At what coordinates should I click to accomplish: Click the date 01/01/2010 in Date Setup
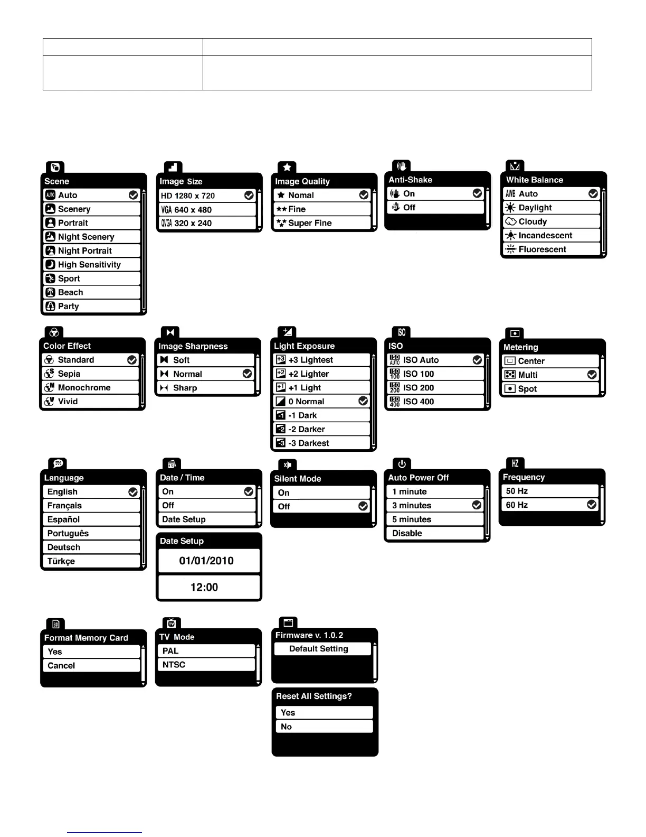(x=206, y=561)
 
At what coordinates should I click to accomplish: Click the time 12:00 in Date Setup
(x=204, y=588)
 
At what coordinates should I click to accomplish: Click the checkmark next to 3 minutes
(x=477, y=506)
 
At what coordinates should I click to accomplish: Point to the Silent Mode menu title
(x=298, y=479)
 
